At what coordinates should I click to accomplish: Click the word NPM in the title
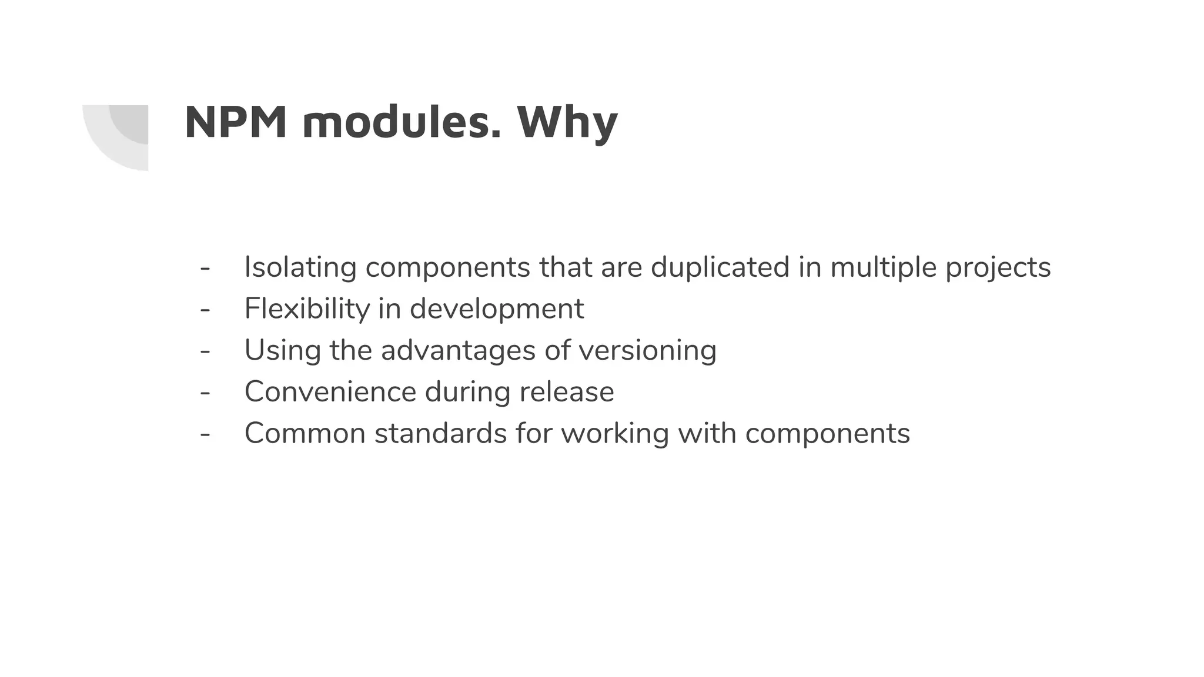pyautogui.click(x=236, y=122)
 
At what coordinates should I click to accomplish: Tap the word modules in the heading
pyautogui.click(x=402, y=122)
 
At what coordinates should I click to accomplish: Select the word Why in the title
pyautogui.click(x=567, y=123)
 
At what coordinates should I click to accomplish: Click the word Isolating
pyautogui.click(x=300, y=267)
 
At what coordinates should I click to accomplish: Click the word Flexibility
pyautogui.click(x=306, y=309)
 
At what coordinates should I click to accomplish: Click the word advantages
pyautogui.click(x=458, y=351)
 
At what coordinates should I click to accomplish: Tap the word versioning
pyautogui.click(x=647, y=351)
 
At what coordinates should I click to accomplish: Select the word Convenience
pyautogui.click(x=330, y=392)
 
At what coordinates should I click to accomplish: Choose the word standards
pyautogui.click(x=440, y=434)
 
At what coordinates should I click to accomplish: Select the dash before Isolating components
pyautogui.click(x=205, y=268)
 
